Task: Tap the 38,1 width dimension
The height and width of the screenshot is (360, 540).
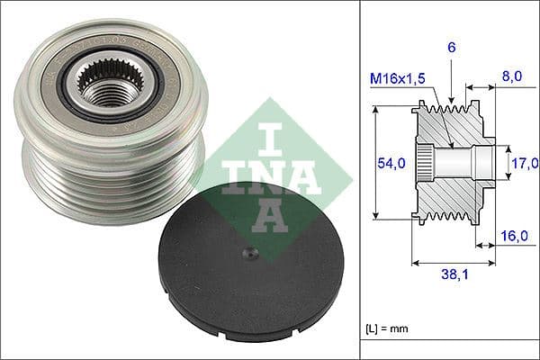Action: [454, 279]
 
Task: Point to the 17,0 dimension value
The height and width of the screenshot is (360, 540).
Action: [525, 163]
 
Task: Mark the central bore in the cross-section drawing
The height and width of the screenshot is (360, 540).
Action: [459, 163]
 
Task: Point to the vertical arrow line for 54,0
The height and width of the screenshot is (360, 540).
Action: [375, 163]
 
